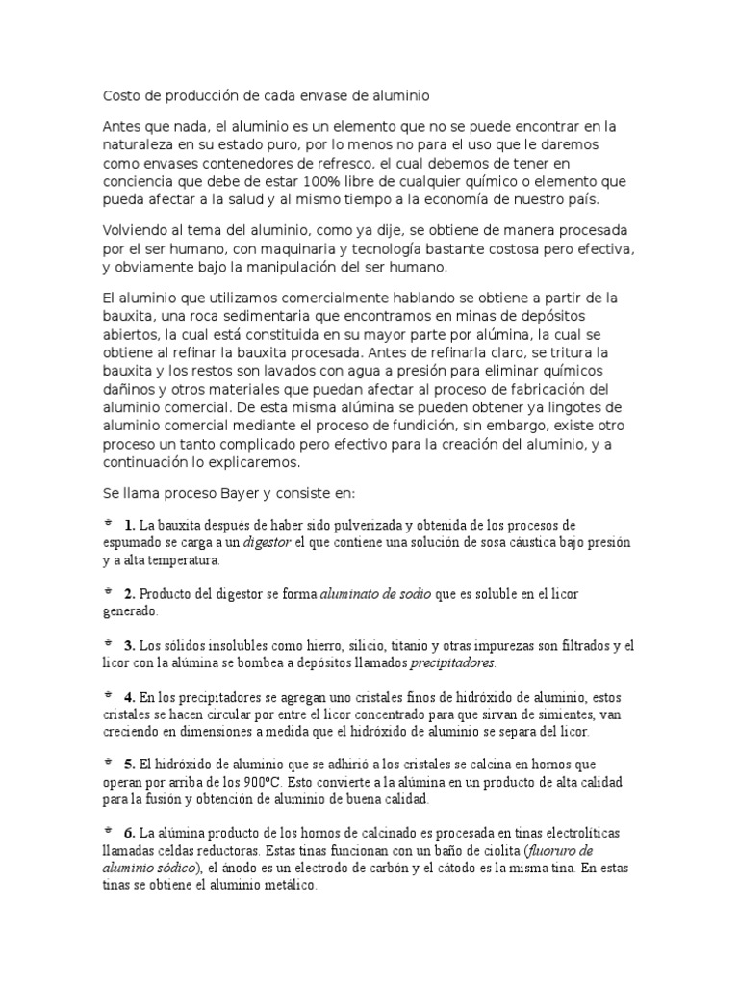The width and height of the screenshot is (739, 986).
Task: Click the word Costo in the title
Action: click(x=121, y=96)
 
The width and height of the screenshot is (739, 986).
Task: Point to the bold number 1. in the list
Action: click(x=129, y=525)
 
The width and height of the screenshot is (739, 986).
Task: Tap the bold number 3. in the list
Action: click(x=129, y=645)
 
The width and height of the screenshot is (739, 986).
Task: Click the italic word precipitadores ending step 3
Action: click(x=452, y=662)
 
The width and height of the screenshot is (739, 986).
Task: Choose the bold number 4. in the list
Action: click(x=129, y=696)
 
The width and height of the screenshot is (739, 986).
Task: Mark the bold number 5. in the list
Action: click(x=129, y=764)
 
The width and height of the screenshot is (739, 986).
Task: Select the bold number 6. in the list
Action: click(x=129, y=832)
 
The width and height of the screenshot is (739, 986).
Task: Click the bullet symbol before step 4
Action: click(x=107, y=694)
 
